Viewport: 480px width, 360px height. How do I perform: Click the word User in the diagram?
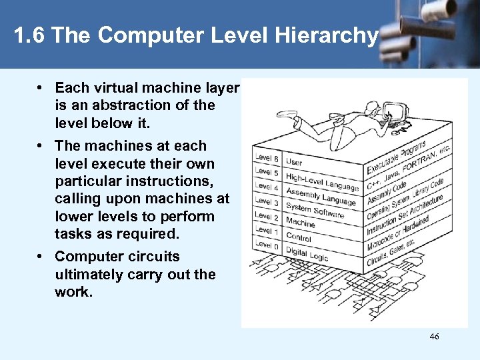coord(294,162)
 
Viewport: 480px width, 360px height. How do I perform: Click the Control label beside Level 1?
coord(299,236)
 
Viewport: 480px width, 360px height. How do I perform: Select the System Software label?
coord(315,211)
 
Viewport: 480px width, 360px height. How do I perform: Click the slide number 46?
coord(435,337)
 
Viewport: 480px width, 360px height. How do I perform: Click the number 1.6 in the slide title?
coord(29,36)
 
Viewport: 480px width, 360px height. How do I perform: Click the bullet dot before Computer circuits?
coord(41,257)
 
